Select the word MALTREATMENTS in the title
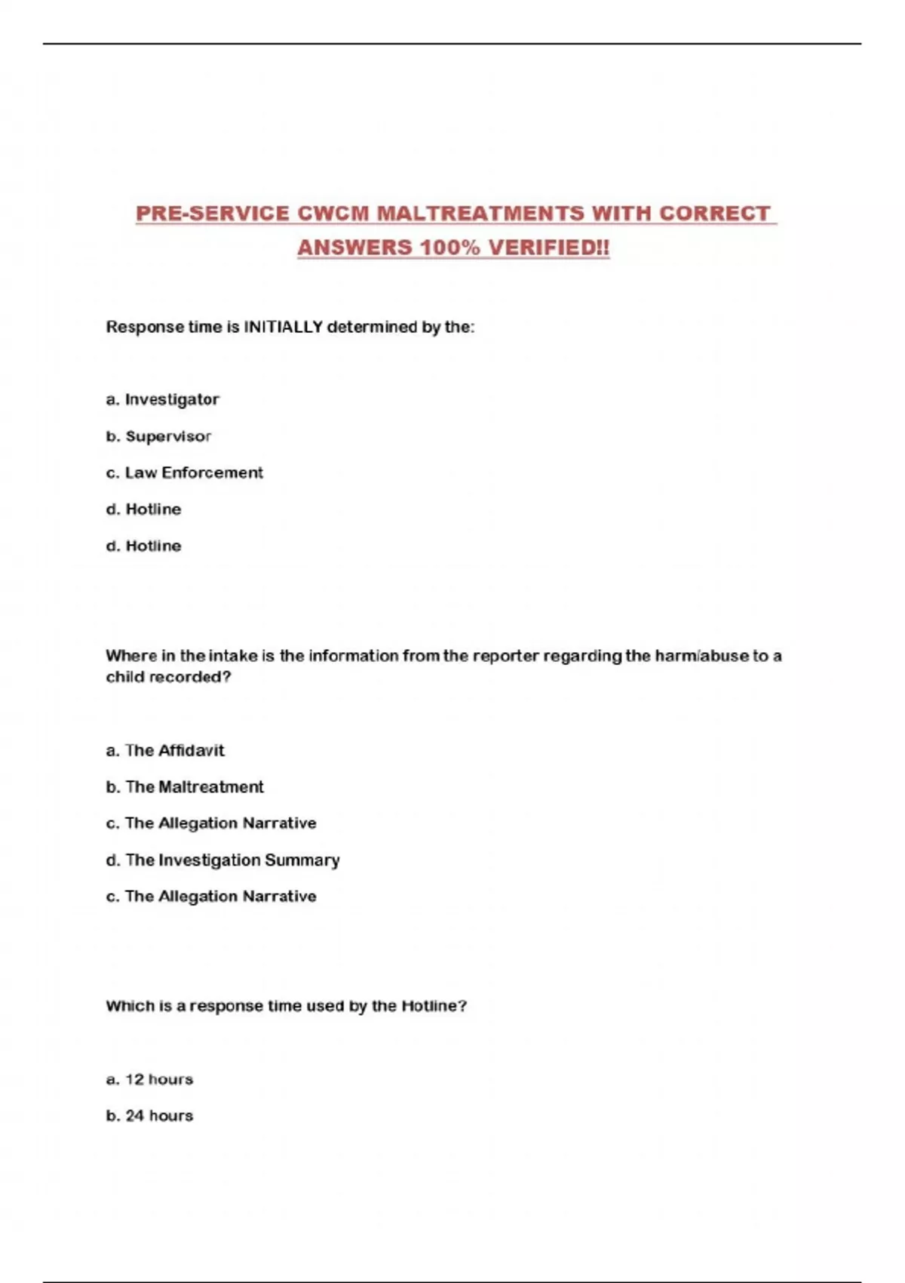pyautogui.click(x=480, y=214)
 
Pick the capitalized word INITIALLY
pyautogui.click(x=283, y=327)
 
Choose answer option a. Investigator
pyautogui.click(x=163, y=399)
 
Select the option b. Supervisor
pyautogui.click(x=158, y=436)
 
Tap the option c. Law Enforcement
pyautogui.click(x=185, y=472)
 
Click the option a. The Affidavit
pyautogui.click(x=165, y=750)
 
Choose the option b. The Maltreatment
pyautogui.click(x=185, y=786)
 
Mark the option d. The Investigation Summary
pyautogui.click(x=222, y=860)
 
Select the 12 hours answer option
pyautogui.click(x=149, y=1079)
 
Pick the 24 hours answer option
pyautogui.click(x=149, y=1115)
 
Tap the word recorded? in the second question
pyautogui.click(x=195, y=677)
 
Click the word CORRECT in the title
pyautogui.click(x=714, y=214)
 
